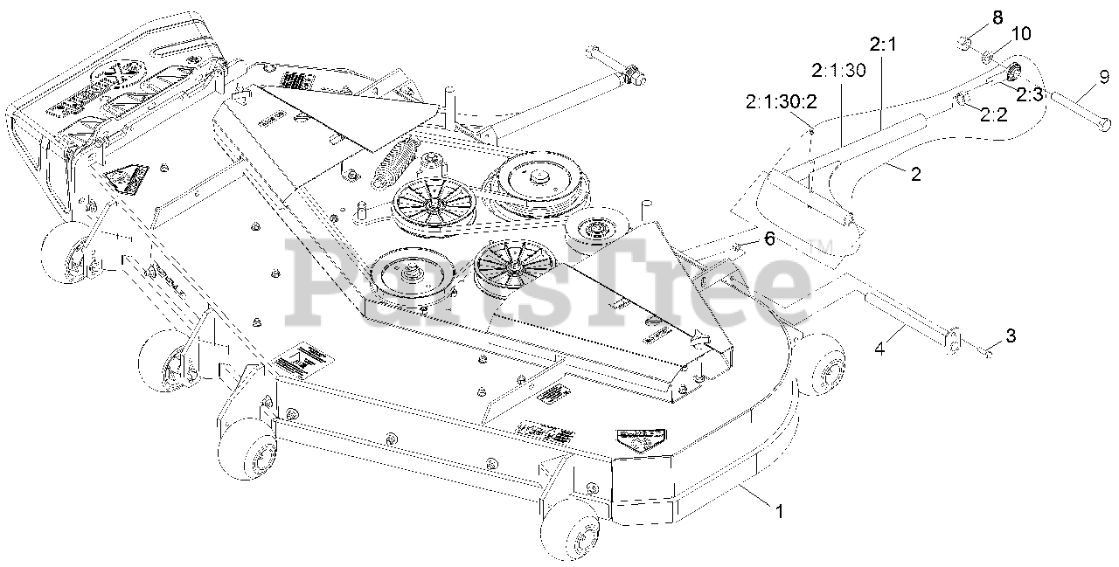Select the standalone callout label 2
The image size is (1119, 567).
[915, 174]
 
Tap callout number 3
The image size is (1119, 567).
[1011, 335]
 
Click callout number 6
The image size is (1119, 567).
[769, 239]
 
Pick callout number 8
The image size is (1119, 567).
[973, 17]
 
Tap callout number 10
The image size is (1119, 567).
[997, 34]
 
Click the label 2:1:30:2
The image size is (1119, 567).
[781, 101]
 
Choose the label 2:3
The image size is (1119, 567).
[1029, 94]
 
